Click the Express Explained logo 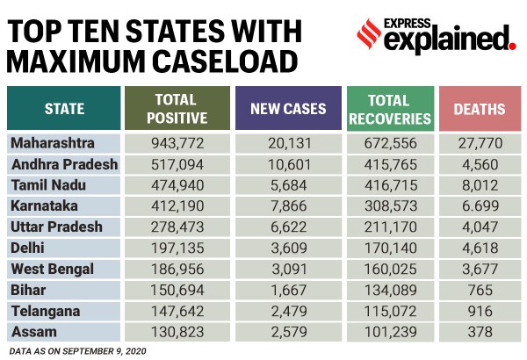pyautogui.click(x=436, y=35)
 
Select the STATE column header pyautogui.click(x=64, y=109)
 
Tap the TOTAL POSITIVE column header pyautogui.click(x=180, y=109)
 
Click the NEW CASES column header pyautogui.click(x=289, y=109)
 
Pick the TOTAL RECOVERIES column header pyautogui.click(x=390, y=109)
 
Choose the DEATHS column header pyautogui.click(x=480, y=109)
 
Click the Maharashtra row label pyautogui.click(x=54, y=143)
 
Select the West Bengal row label pyautogui.click(x=52, y=269)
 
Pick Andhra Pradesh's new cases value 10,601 pyautogui.click(x=289, y=164)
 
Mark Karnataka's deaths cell pyautogui.click(x=480, y=206)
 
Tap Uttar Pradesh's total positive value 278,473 pyautogui.click(x=180, y=227)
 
